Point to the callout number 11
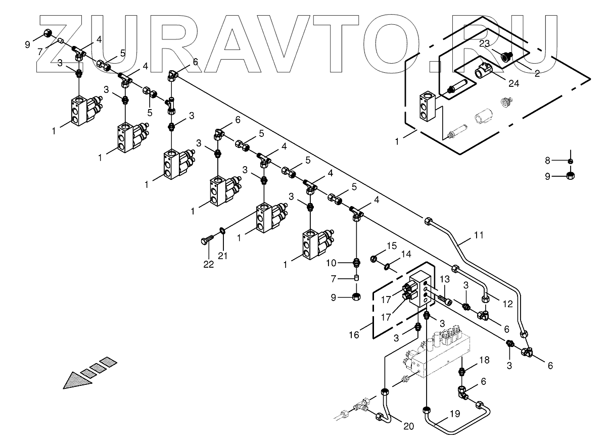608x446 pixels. pyautogui.click(x=479, y=235)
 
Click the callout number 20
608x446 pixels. pyautogui.click(x=408, y=426)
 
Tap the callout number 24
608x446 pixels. pyautogui.click(x=514, y=83)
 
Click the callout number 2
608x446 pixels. pyautogui.click(x=537, y=74)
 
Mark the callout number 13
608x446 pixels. pyautogui.click(x=444, y=280)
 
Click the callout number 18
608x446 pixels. pyautogui.click(x=485, y=360)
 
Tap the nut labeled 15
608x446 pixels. pyautogui.click(x=375, y=259)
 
